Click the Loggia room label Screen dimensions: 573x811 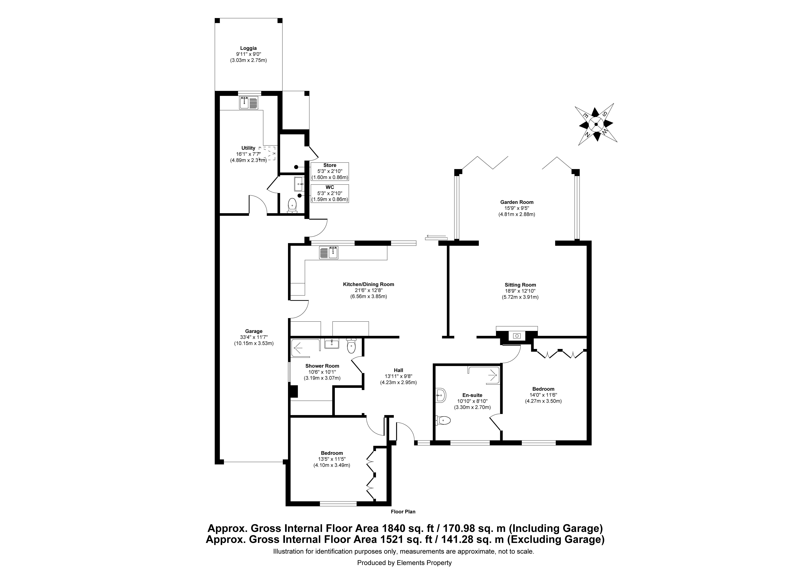tap(248, 48)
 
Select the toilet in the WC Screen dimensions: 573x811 tap(292, 205)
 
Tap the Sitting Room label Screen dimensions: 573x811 tap(520, 285)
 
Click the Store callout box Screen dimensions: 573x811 tap(330, 171)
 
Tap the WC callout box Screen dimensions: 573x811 tap(330, 193)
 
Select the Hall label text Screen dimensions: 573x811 tap(398, 370)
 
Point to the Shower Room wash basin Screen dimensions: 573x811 tap(332, 343)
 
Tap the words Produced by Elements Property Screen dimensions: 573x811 tap(404, 563)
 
